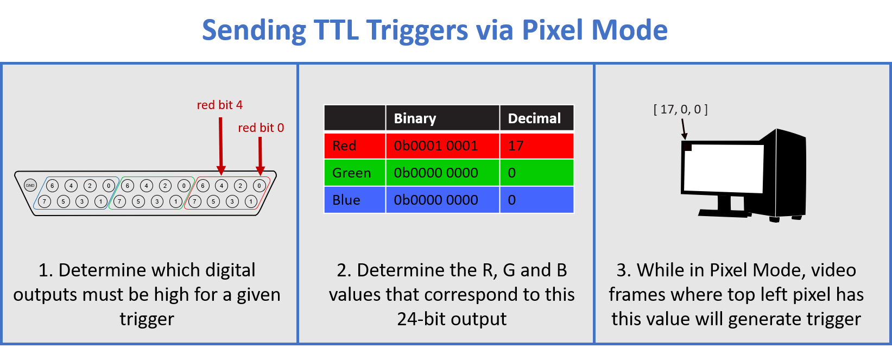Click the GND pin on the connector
[30, 186]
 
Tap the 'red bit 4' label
[219, 105]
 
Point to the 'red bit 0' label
[261, 128]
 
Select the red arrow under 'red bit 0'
[260, 155]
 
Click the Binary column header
[415, 118]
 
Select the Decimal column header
[534, 118]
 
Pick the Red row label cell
[344, 146]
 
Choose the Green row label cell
[351, 173]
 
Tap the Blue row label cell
[346, 200]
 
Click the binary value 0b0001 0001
[435, 146]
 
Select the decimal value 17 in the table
[516, 146]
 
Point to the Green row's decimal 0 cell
[512, 173]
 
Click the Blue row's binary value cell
[435, 200]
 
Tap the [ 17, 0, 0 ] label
[680, 109]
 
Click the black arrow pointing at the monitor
[684, 129]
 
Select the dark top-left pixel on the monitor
[687, 146]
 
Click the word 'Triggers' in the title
[417, 30]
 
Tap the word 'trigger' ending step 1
[147, 319]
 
